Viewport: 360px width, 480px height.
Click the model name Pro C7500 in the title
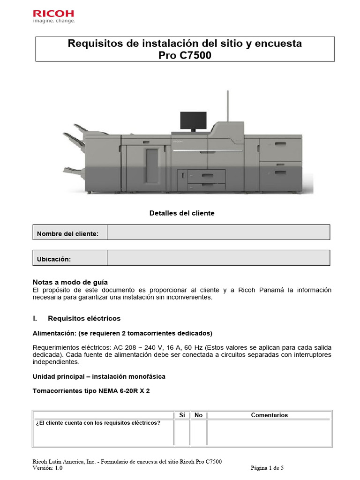[x=185, y=55]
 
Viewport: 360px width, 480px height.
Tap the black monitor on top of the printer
[x=193, y=121]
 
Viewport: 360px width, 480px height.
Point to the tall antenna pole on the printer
[x=227, y=105]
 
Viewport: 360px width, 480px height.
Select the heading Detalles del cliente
[x=182, y=213]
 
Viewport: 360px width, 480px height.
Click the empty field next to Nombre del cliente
[x=218, y=232]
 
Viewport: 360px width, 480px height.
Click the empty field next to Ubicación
[x=218, y=258]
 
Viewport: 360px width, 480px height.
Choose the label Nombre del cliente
[x=67, y=233]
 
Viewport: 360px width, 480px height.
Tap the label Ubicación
[x=54, y=259]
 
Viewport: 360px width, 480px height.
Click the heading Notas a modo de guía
[x=70, y=282]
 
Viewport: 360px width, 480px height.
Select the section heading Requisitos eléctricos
[x=84, y=318]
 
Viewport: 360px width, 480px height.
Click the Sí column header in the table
[x=182, y=415]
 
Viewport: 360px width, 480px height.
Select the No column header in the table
[x=198, y=415]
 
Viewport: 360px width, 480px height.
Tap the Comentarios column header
[x=270, y=415]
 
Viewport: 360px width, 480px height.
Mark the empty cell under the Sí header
[x=182, y=432]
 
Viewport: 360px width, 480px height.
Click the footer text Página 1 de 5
[x=267, y=468]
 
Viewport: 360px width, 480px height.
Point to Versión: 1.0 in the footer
[x=48, y=468]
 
